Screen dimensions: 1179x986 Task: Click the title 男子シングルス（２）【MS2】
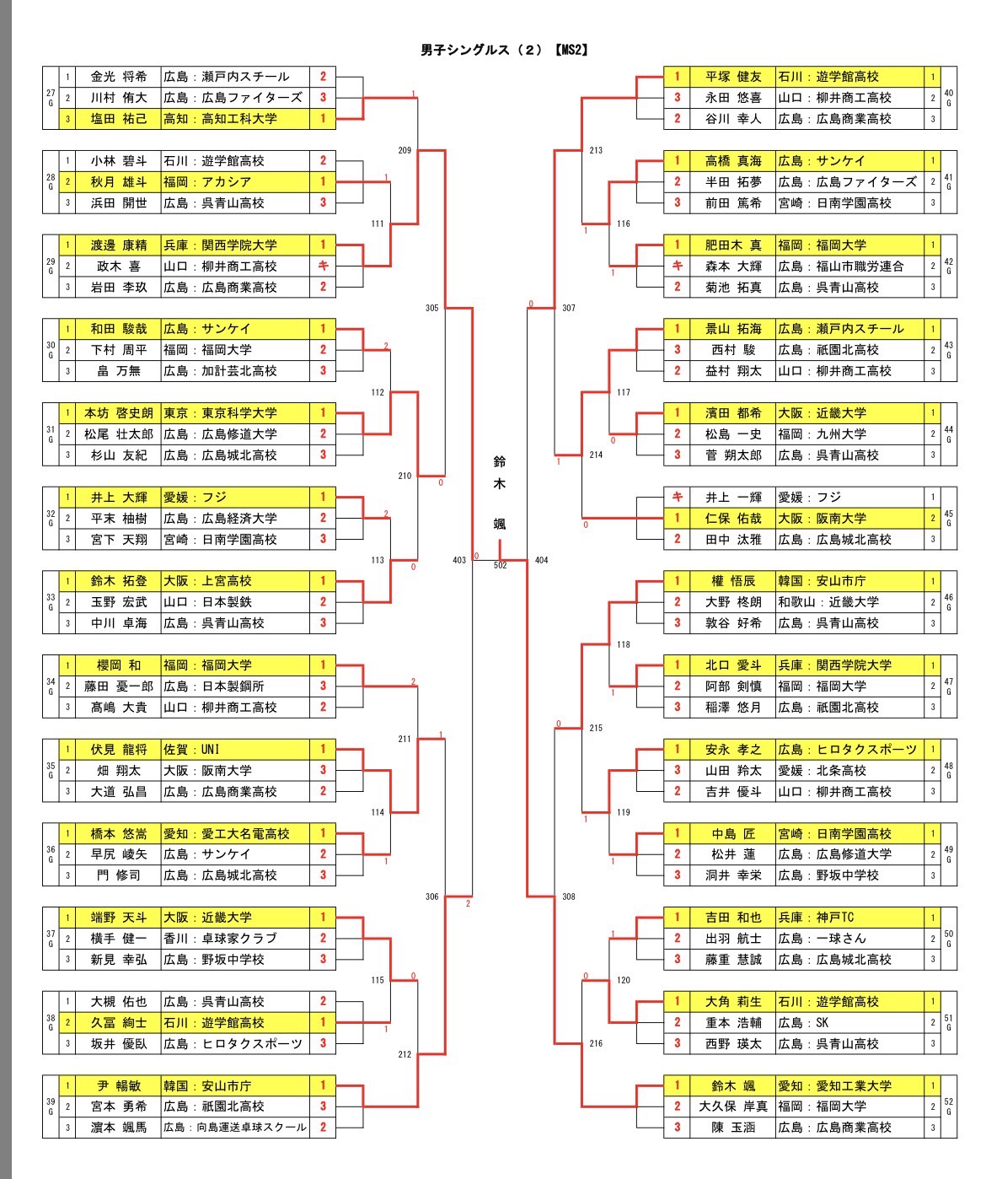(x=504, y=50)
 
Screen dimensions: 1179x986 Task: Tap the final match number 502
(x=501, y=565)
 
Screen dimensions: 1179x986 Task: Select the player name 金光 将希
(x=119, y=77)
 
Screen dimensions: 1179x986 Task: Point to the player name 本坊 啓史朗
(x=119, y=413)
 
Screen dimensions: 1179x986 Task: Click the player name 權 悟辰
(x=733, y=581)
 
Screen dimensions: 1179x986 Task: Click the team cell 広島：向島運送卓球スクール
(x=235, y=1128)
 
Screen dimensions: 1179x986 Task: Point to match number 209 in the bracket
(x=405, y=150)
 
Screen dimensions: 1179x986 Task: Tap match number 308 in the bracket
(x=569, y=896)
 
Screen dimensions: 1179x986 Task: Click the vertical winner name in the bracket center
(x=500, y=493)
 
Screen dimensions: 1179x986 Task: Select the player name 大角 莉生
(x=733, y=1002)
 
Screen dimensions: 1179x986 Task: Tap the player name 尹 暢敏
(x=119, y=1086)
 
